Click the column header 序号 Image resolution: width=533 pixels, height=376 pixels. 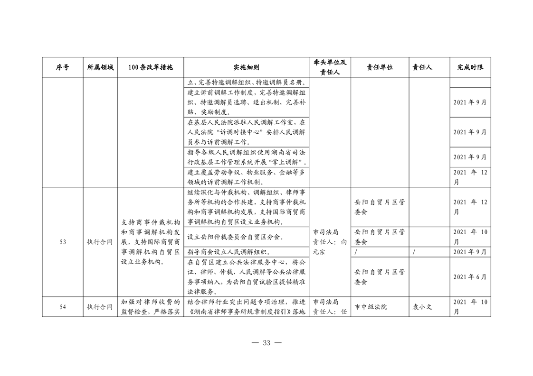click(x=62, y=67)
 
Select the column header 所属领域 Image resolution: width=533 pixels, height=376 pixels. click(x=100, y=67)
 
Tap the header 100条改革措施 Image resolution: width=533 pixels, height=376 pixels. click(x=151, y=67)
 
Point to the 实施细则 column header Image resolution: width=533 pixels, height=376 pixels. click(x=247, y=67)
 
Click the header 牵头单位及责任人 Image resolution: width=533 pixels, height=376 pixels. click(x=330, y=67)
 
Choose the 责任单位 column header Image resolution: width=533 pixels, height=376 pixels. click(x=380, y=67)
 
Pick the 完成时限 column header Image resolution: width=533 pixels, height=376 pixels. click(x=470, y=67)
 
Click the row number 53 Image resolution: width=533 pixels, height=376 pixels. click(x=63, y=242)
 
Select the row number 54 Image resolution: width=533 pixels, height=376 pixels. click(x=63, y=307)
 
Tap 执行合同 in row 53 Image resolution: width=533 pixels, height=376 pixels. click(x=100, y=242)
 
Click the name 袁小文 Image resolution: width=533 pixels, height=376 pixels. click(x=422, y=307)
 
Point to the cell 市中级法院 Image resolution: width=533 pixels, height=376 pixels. click(x=371, y=307)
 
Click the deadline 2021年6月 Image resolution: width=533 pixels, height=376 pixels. click(x=470, y=277)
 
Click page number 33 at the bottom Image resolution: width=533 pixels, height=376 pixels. click(x=266, y=343)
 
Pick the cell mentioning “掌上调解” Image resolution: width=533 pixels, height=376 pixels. click(x=247, y=157)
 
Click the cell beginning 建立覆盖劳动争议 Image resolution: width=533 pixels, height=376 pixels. click(x=247, y=176)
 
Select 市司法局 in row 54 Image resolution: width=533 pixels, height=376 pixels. click(x=326, y=302)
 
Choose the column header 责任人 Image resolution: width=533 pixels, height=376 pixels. click(x=422, y=67)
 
